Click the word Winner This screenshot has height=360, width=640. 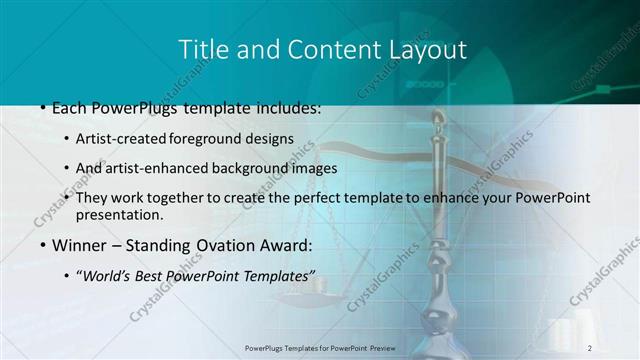[x=78, y=245]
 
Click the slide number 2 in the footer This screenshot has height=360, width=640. [x=590, y=347]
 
